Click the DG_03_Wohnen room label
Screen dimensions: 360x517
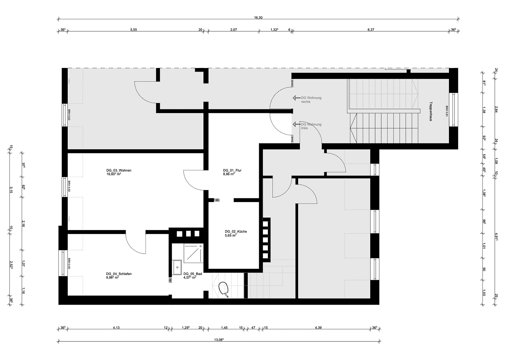click(119, 170)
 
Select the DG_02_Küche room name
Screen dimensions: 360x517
click(235, 231)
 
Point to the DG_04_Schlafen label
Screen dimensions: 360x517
click(119, 274)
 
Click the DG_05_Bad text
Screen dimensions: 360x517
click(192, 274)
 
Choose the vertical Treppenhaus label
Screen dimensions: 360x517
click(431, 111)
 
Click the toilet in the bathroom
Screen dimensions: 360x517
click(223, 289)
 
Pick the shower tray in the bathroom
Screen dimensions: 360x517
click(193, 253)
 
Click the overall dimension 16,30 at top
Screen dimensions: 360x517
click(258, 18)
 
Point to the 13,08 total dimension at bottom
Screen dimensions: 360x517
click(218, 340)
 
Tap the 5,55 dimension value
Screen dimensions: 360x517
click(133, 30)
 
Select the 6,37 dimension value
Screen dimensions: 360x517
click(371, 30)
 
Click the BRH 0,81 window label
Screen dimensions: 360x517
click(447, 111)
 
